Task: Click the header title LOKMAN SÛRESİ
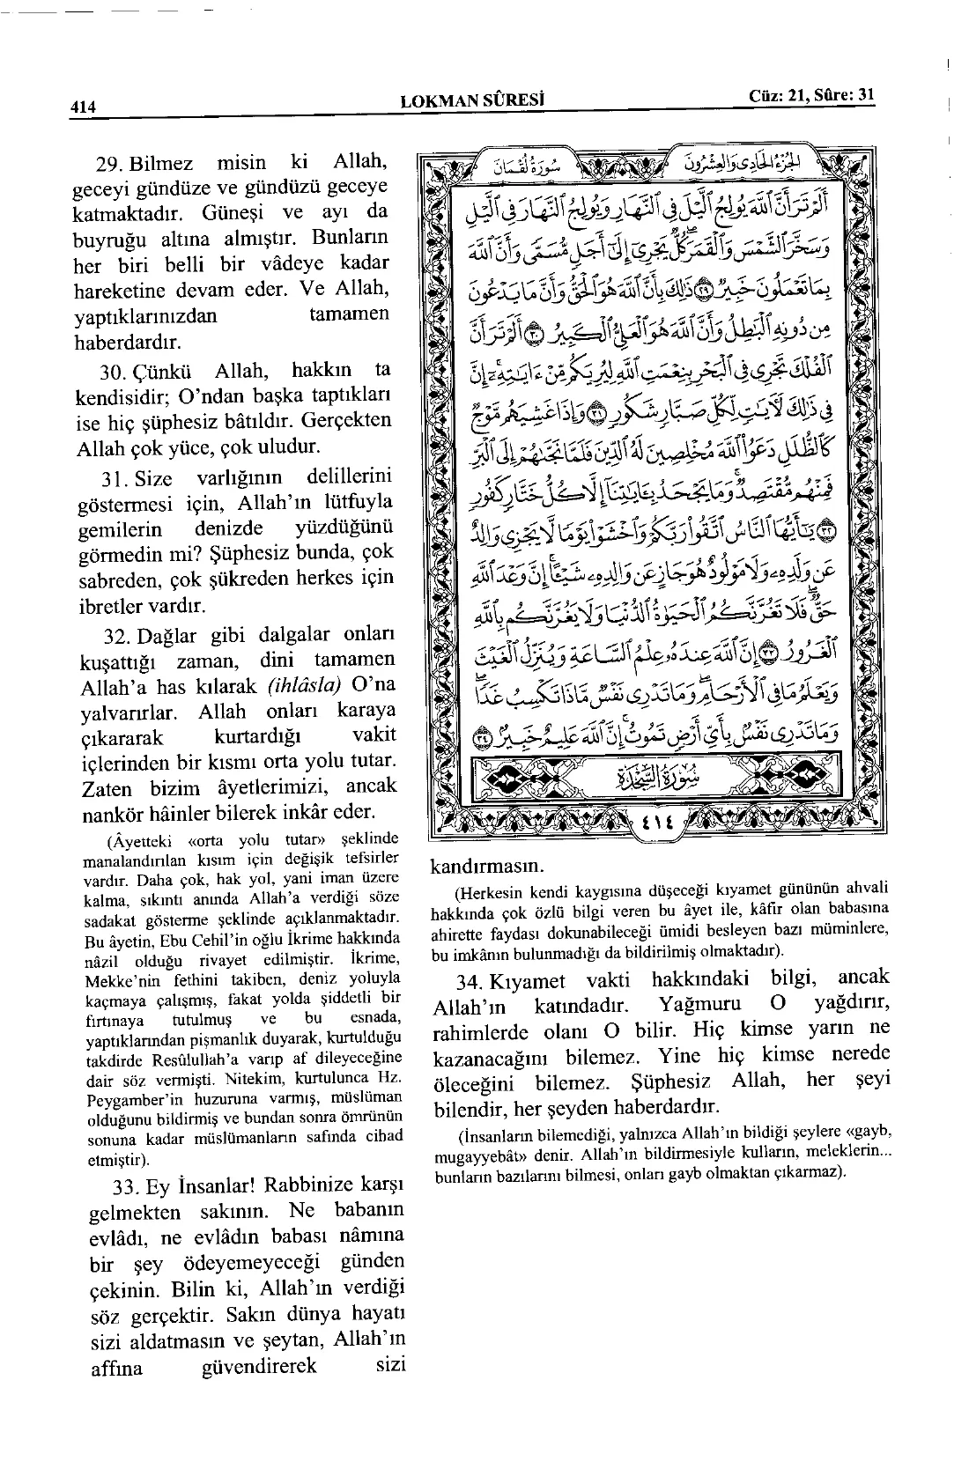coord(472,100)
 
